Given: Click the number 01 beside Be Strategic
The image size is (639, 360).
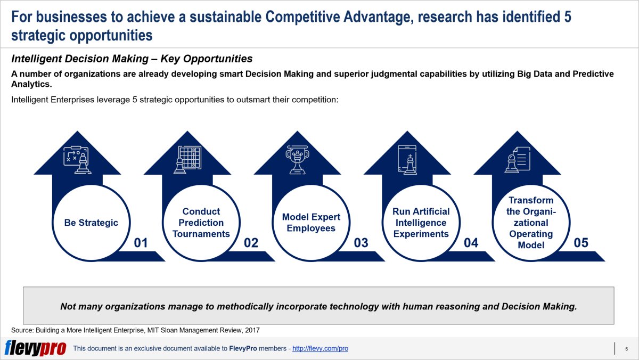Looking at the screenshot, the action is click(x=141, y=243).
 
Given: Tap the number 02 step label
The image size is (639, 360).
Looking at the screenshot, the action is click(x=251, y=243).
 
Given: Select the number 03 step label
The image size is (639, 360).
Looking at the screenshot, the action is click(x=361, y=243).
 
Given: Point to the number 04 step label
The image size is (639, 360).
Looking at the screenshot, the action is click(x=471, y=243).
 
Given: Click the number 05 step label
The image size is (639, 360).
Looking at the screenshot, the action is click(x=581, y=243).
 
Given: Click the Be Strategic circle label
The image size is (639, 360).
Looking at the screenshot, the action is click(x=91, y=223).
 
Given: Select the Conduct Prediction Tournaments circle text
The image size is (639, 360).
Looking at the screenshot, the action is click(x=201, y=223).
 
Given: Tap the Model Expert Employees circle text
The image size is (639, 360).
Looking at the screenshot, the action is click(x=311, y=223).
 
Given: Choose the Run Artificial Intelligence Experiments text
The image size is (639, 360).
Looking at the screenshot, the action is click(x=421, y=223).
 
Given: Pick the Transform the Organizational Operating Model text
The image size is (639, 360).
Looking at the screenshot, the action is click(x=531, y=223).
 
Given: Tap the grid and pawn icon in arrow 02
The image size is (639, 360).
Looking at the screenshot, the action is click(x=187, y=160).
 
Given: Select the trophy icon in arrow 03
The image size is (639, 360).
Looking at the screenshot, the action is click(x=297, y=160).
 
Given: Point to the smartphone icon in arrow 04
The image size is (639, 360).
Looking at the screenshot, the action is click(x=407, y=160).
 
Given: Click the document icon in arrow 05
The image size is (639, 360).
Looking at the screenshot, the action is click(x=517, y=160).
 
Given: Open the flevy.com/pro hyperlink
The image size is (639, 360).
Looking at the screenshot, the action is click(x=320, y=348).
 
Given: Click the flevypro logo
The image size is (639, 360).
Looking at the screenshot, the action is click(x=35, y=348).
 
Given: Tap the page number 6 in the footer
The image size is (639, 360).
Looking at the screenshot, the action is click(x=626, y=349).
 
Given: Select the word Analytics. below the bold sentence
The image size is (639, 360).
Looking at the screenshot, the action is click(x=31, y=84).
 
